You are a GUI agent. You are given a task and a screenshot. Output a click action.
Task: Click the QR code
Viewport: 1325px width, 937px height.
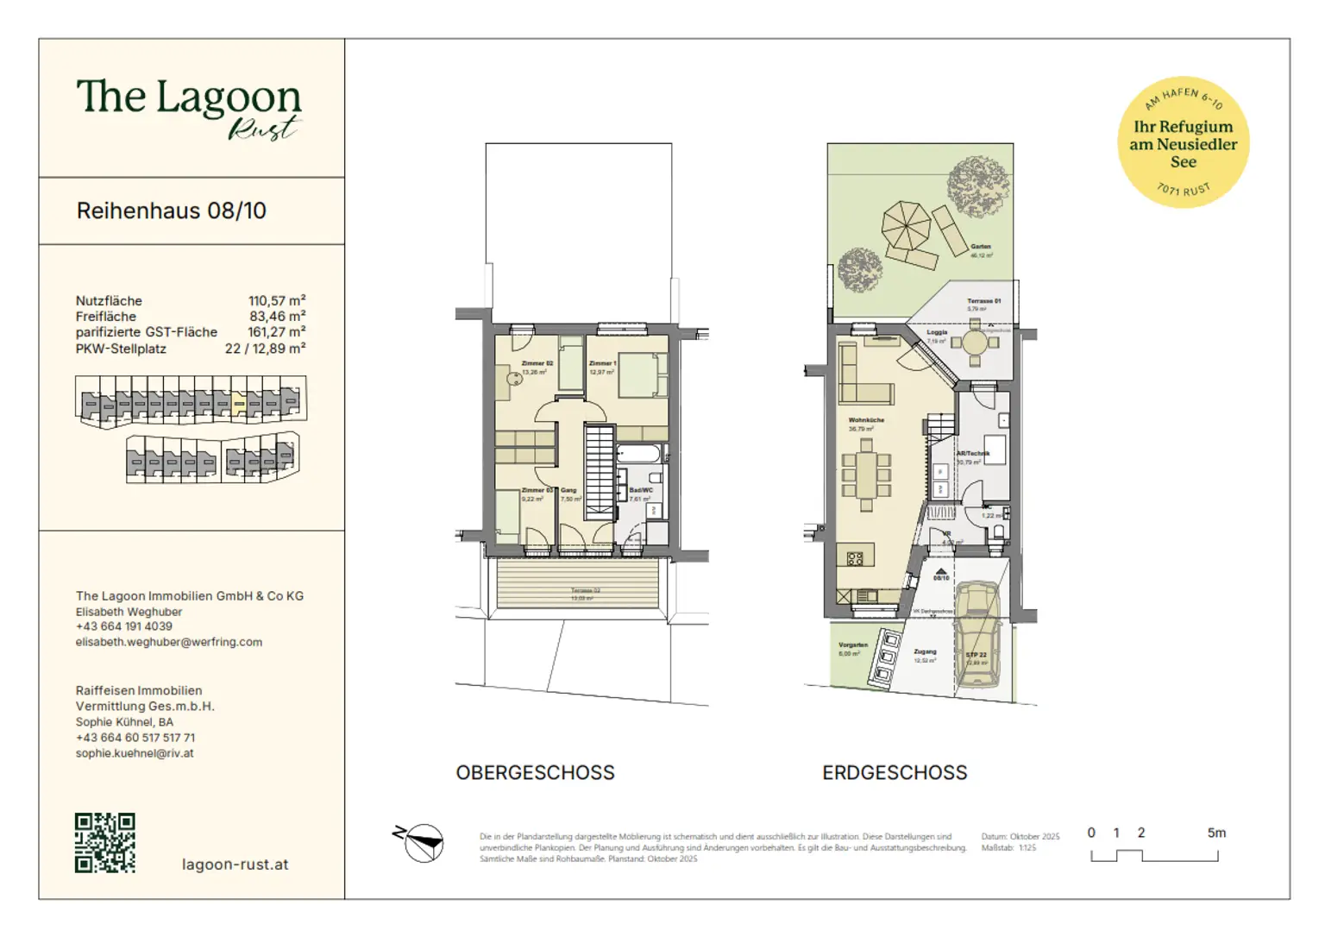point(104,842)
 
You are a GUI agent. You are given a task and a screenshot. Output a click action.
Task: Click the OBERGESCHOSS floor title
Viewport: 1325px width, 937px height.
point(535,772)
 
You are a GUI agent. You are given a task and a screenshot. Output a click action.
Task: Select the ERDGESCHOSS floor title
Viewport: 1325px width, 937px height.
point(895,772)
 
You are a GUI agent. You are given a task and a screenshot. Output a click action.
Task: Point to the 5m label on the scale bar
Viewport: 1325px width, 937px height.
point(1215,833)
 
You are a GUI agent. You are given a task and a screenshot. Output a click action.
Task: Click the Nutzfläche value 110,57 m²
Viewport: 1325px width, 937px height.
point(277,301)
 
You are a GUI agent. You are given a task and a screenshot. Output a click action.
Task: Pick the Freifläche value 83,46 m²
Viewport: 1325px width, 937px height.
point(277,317)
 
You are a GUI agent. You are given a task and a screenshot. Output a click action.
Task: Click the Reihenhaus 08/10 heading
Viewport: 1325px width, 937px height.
point(171,211)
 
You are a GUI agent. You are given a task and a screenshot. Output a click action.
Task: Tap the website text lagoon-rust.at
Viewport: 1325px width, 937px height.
point(235,864)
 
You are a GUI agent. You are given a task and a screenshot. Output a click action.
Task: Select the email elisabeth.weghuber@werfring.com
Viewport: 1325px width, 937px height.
point(168,642)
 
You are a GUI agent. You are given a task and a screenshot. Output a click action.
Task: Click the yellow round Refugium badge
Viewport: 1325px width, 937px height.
point(1183,142)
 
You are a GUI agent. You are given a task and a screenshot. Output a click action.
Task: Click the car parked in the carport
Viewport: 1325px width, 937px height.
point(977,634)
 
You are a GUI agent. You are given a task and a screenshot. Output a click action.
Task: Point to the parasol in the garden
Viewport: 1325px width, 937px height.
point(906,224)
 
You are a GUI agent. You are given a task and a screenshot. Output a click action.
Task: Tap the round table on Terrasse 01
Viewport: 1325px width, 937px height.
point(975,343)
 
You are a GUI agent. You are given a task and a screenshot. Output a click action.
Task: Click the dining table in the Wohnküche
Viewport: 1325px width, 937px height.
point(866,474)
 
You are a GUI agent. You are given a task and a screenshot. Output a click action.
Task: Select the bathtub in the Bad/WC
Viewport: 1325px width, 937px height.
point(638,455)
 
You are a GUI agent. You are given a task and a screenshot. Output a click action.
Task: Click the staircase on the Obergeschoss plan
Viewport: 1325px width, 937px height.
point(599,472)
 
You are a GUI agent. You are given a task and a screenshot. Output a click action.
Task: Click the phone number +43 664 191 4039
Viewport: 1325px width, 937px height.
point(123,626)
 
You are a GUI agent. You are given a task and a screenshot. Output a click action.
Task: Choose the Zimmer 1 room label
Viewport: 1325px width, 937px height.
point(602,363)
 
